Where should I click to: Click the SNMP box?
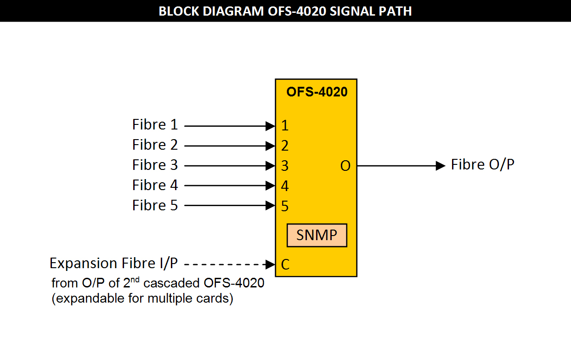tap(317, 235)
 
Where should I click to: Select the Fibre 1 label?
tap(155, 125)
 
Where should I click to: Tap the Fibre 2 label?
tap(155, 145)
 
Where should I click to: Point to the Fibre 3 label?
tap(155, 165)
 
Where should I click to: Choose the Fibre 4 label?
tap(155, 186)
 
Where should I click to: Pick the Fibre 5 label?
tap(155, 205)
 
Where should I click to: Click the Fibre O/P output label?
tap(482, 165)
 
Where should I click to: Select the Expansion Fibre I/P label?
tap(113, 264)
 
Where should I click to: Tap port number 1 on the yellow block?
tap(285, 125)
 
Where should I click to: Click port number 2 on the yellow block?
tap(285, 146)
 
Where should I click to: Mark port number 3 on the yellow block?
tap(285, 166)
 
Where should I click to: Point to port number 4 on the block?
tap(285, 186)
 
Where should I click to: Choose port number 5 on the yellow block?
tap(285, 206)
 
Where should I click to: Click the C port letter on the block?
tap(285, 265)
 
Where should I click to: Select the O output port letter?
tap(345, 166)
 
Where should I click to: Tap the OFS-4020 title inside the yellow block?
tap(317, 92)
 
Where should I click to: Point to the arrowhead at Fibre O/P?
tap(441, 166)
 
